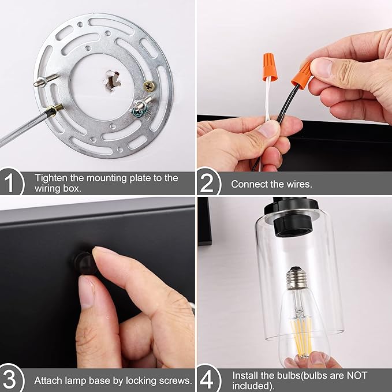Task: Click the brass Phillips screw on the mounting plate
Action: coord(149,86)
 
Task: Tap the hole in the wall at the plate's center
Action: coord(111,80)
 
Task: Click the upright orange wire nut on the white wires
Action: coord(270,67)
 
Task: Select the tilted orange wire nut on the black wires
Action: coord(302,75)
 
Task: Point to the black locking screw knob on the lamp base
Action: coord(84,263)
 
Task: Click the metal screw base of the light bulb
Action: coord(297,278)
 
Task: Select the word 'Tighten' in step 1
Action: coord(51,178)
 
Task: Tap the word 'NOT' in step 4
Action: coord(357,375)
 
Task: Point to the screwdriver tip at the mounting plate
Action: coord(59,107)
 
